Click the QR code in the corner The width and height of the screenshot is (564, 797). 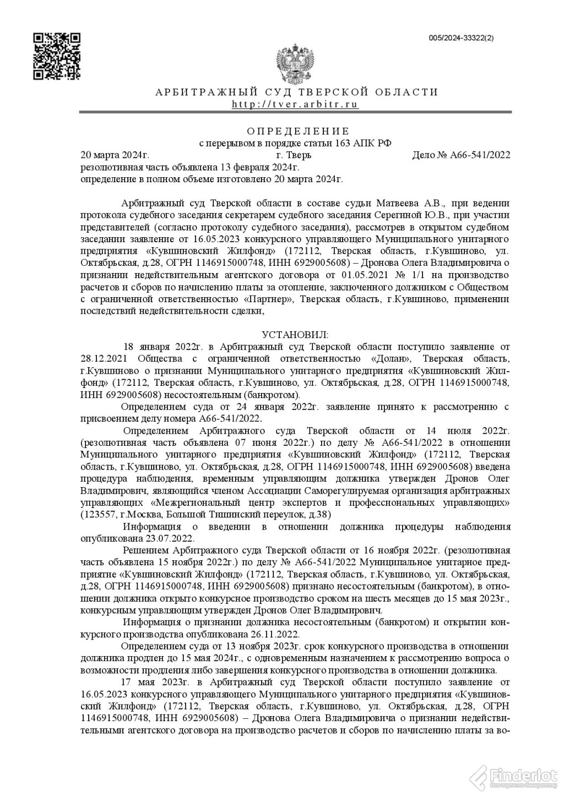tap(57, 56)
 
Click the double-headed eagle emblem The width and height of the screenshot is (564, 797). tap(296, 65)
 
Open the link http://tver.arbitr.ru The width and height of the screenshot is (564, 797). tap(295, 104)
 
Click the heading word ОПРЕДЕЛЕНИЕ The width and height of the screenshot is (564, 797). tap(297, 131)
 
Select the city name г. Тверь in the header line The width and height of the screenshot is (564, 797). tap(294, 155)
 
